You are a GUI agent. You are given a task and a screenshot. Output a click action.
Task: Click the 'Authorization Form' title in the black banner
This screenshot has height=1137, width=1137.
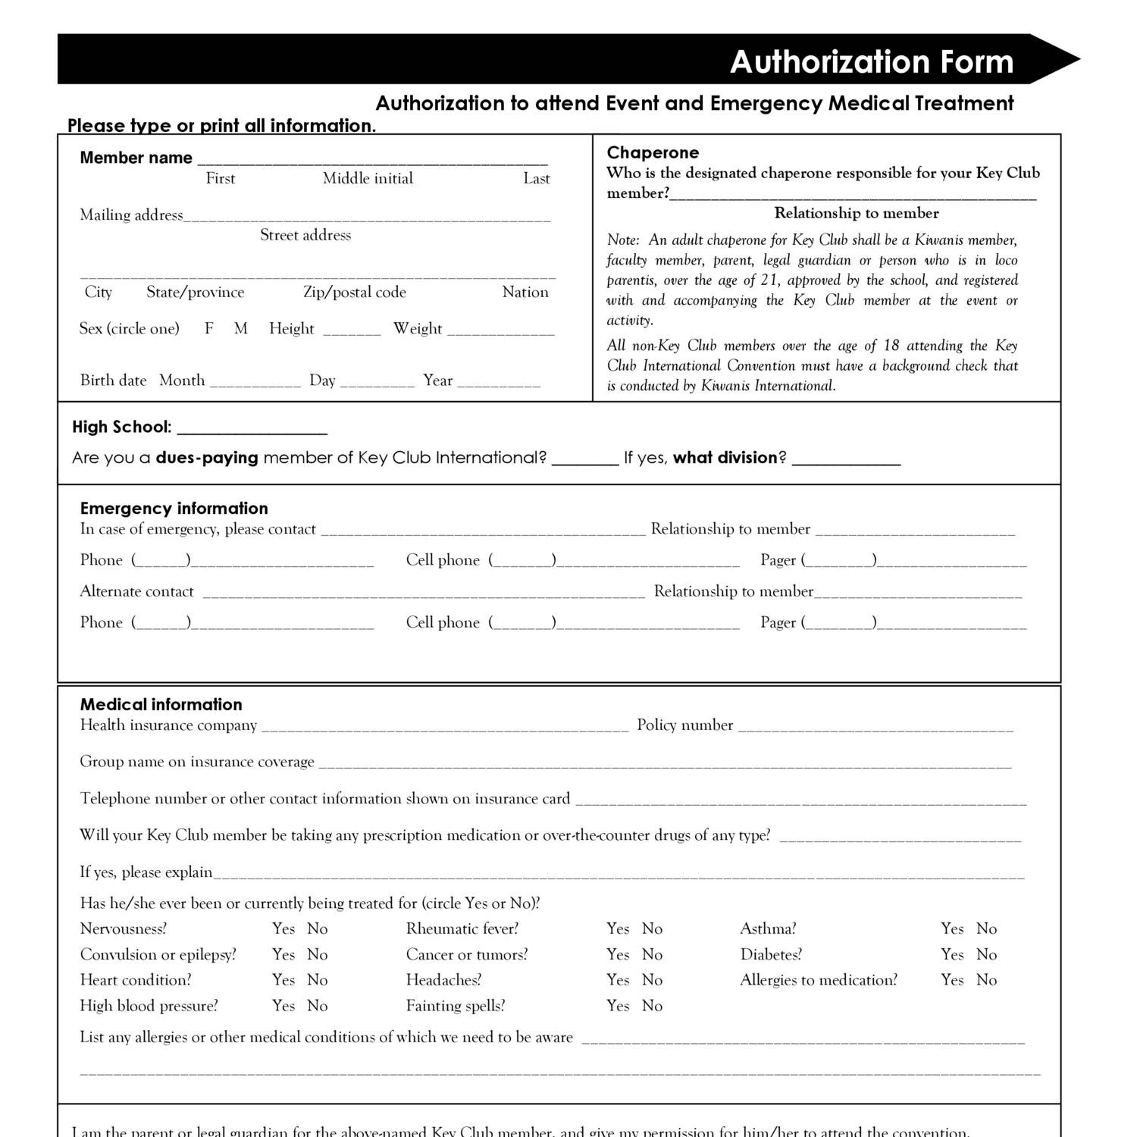pyautogui.click(x=871, y=61)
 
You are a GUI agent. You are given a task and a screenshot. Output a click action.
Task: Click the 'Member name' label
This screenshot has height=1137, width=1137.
pyautogui.click(x=136, y=158)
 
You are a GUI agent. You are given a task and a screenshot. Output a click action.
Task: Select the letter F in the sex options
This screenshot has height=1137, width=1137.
pyautogui.click(x=209, y=328)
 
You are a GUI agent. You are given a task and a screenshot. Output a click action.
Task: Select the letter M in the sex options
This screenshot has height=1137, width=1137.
pyautogui.click(x=241, y=328)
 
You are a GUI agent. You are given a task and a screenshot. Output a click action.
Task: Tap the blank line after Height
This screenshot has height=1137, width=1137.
pyautogui.click(x=352, y=330)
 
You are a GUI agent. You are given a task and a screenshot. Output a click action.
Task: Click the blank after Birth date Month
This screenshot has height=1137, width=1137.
pyautogui.click(x=255, y=383)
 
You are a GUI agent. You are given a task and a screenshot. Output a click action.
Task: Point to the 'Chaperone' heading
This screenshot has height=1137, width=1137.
pyautogui.click(x=653, y=152)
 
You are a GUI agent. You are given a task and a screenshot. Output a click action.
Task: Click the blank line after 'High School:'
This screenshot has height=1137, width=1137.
pyautogui.click(x=252, y=429)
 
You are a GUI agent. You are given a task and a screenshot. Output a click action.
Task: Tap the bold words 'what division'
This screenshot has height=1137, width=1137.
pyautogui.click(x=725, y=458)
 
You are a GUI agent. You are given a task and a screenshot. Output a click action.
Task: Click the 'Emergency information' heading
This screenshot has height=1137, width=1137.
pyautogui.click(x=174, y=508)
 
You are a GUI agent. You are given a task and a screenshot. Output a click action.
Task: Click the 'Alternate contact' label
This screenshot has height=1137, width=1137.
pyautogui.click(x=136, y=591)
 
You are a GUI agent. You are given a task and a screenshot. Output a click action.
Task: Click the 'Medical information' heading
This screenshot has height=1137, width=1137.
pyautogui.click(x=161, y=704)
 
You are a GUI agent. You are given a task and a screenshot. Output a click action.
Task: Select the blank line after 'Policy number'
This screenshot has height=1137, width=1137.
pyautogui.click(x=875, y=727)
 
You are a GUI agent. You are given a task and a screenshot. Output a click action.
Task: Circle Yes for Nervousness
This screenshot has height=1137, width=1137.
pyautogui.click(x=283, y=929)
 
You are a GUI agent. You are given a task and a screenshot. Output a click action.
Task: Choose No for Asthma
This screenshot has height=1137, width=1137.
pyautogui.click(x=986, y=929)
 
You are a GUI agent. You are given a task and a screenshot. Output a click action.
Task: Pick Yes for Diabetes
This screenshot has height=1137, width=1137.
pyautogui.click(x=952, y=954)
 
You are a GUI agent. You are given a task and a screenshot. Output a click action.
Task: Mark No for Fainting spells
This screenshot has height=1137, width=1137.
pyautogui.click(x=652, y=1006)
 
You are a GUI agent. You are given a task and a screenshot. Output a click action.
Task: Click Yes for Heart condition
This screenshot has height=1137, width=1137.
pyautogui.click(x=283, y=980)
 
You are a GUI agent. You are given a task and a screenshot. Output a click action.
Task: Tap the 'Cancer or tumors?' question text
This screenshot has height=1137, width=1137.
pyautogui.click(x=466, y=954)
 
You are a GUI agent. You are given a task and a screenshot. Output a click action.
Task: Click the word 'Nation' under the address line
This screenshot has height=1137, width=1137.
pyautogui.click(x=525, y=292)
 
